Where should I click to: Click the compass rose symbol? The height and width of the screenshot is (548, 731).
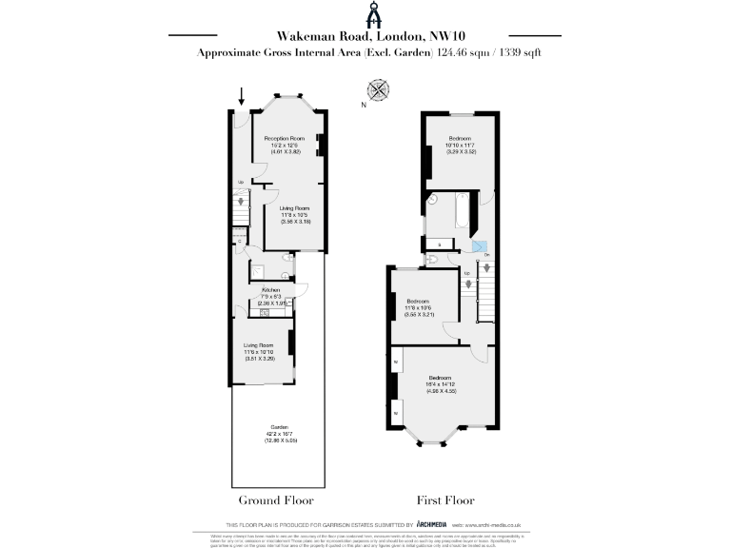(379, 91)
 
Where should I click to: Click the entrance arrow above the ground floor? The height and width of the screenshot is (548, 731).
(242, 96)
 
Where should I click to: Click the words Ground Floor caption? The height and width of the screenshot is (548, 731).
(275, 499)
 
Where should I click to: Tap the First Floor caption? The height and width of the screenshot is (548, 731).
(445, 499)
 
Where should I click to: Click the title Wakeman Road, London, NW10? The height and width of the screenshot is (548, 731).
(365, 35)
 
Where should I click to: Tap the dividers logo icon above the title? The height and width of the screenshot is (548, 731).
(365, 13)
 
